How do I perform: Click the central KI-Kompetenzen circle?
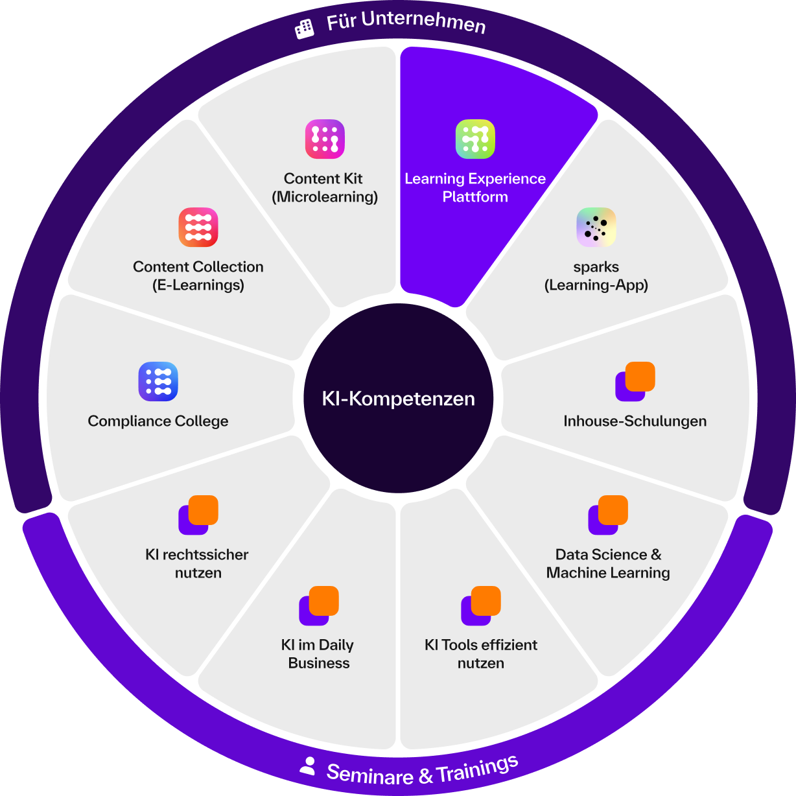coord(398,398)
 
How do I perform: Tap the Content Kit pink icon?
coord(325,139)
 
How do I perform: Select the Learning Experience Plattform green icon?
coord(475,139)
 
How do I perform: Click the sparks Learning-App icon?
coord(596,227)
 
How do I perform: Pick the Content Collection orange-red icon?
coord(198,227)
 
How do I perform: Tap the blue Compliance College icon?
coord(158,381)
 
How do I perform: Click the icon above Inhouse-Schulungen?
coord(635,381)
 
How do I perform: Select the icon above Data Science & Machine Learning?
coord(608,515)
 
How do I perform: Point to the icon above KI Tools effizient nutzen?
coord(481,605)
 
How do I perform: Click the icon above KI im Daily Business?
coord(319,605)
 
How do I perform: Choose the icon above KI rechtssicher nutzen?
coord(198,515)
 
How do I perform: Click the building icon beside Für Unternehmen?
coord(305,28)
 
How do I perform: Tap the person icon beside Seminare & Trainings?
coord(307,766)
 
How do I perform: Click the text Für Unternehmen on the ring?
coord(406,22)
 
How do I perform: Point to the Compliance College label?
coord(158,421)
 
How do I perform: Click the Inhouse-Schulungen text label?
coord(635,421)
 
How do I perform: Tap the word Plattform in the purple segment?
coord(475,197)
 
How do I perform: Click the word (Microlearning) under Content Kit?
coord(325,197)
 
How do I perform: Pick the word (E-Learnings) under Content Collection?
coord(198,285)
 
